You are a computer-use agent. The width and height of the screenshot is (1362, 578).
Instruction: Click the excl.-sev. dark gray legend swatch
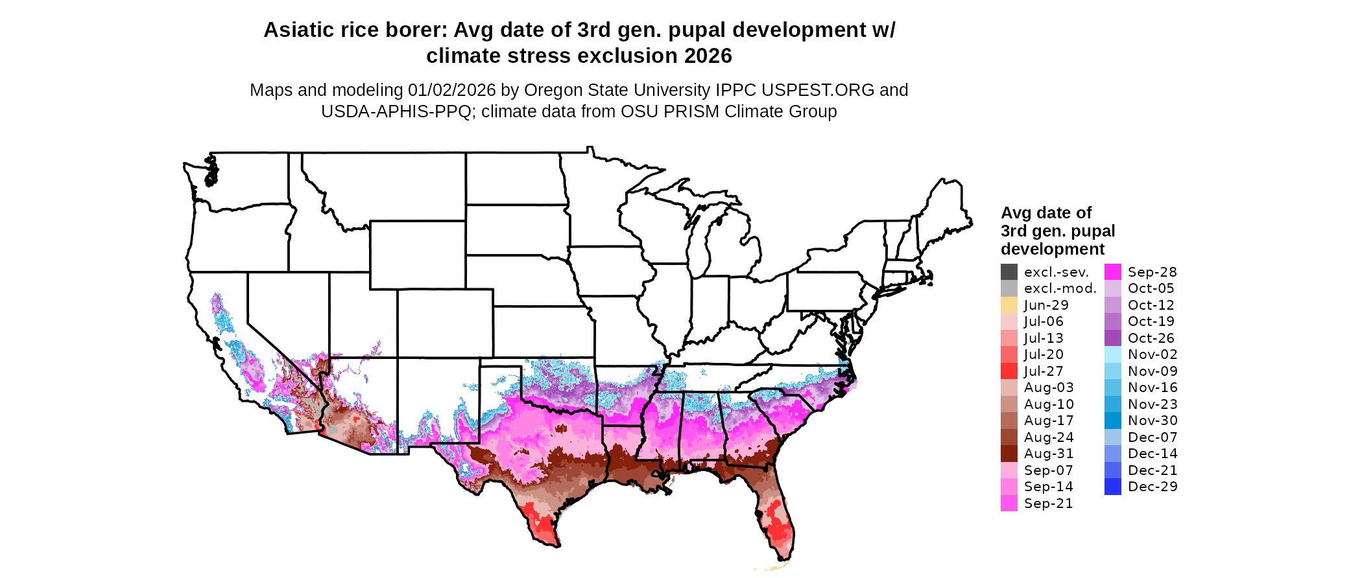[1009, 272]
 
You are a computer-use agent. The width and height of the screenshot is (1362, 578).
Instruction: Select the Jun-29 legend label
[1045, 305]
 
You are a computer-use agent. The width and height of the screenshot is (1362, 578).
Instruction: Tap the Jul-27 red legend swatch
[1009, 371]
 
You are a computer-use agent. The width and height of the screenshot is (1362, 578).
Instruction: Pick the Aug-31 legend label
[1048, 454]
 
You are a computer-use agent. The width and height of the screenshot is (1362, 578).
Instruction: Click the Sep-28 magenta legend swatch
[1113, 272]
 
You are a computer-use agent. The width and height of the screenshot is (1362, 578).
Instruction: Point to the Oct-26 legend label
[1151, 338]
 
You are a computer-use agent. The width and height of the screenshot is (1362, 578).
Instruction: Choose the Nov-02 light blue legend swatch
[1113, 354]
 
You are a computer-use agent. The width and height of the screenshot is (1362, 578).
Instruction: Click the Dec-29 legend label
[1152, 487]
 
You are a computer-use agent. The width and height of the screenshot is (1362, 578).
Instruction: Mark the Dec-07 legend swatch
[1113, 437]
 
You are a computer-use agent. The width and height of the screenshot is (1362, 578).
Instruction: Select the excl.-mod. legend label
[1060, 288]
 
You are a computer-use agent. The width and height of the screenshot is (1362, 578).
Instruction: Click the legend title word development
[1052, 249]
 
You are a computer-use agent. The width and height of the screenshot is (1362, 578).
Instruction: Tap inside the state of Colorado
[445, 323]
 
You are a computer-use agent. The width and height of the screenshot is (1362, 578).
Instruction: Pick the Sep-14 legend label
[1048, 487]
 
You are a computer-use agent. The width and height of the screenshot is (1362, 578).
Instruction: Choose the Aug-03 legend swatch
[1009, 387]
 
